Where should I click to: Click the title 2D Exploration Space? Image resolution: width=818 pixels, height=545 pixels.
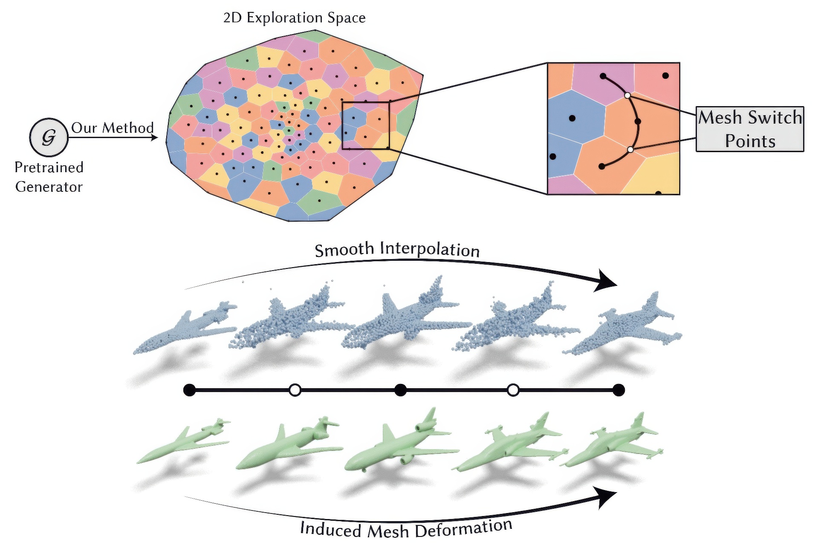[x=294, y=17]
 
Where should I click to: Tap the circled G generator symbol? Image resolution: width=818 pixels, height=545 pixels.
[x=49, y=137]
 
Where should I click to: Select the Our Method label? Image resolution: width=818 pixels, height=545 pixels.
[x=112, y=128]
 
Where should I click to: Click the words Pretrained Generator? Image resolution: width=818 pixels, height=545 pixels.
[x=49, y=177]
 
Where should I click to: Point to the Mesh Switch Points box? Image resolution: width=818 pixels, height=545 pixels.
[x=750, y=129]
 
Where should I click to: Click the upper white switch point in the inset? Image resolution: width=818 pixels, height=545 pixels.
[x=627, y=95]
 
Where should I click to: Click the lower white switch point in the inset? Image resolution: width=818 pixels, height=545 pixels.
[x=630, y=150]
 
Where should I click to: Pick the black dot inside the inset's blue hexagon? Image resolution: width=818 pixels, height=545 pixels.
[x=572, y=118]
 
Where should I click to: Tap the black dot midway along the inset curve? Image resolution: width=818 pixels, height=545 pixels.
[x=638, y=122]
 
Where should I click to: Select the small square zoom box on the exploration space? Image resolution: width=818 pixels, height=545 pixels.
[x=366, y=126]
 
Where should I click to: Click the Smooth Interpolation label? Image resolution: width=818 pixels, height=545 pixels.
[x=397, y=249]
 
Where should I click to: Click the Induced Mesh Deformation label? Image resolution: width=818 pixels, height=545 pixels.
[x=406, y=529]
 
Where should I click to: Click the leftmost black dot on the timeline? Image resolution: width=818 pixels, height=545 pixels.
[x=189, y=390]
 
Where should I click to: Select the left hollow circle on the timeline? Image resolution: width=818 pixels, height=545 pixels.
[x=295, y=390]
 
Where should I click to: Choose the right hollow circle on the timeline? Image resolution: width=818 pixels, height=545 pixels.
[x=513, y=390]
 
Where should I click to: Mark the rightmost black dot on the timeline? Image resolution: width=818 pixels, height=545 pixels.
[x=619, y=390]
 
